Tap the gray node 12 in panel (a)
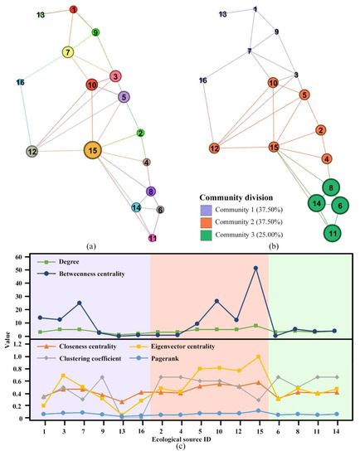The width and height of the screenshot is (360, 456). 32,152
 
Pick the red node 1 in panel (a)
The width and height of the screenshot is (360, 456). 74,10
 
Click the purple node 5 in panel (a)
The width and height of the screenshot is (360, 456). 124,97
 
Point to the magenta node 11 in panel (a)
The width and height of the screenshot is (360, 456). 152,238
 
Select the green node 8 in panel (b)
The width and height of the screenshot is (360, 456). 331,187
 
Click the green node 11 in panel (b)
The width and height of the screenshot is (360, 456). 332,233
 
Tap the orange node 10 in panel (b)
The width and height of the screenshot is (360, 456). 273,83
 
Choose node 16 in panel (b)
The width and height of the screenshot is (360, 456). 202,80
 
